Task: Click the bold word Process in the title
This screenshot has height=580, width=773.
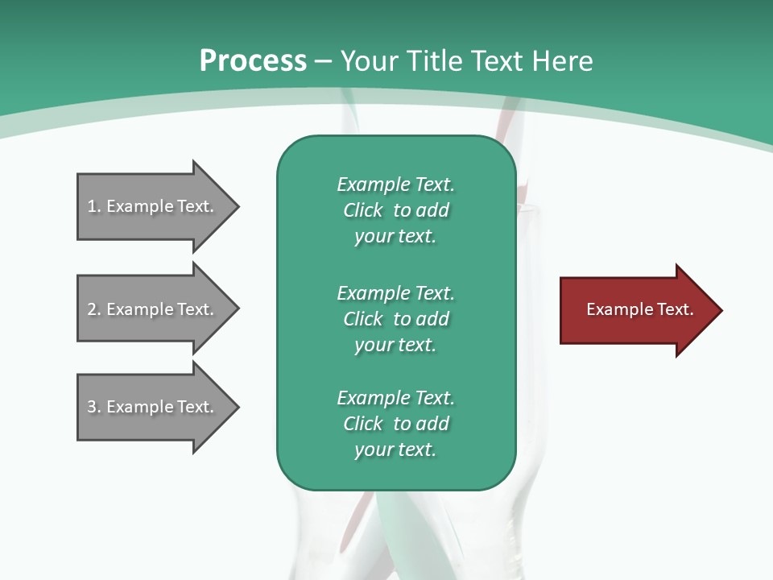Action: [x=253, y=61]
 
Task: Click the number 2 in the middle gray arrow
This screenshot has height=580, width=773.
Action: [x=92, y=309]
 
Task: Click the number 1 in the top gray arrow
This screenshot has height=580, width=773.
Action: [x=92, y=206]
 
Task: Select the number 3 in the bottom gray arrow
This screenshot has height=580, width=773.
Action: [x=92, y=407]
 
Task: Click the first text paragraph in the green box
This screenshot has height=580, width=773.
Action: [x=395, y=210]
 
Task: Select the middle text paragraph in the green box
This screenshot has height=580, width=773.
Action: [x=395, y=319]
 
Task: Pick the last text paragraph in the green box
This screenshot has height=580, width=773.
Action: [x=395, y=424]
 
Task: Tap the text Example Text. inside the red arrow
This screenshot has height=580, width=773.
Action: [x=640, y=309]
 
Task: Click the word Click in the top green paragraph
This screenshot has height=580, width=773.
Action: [x=363, y=210]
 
